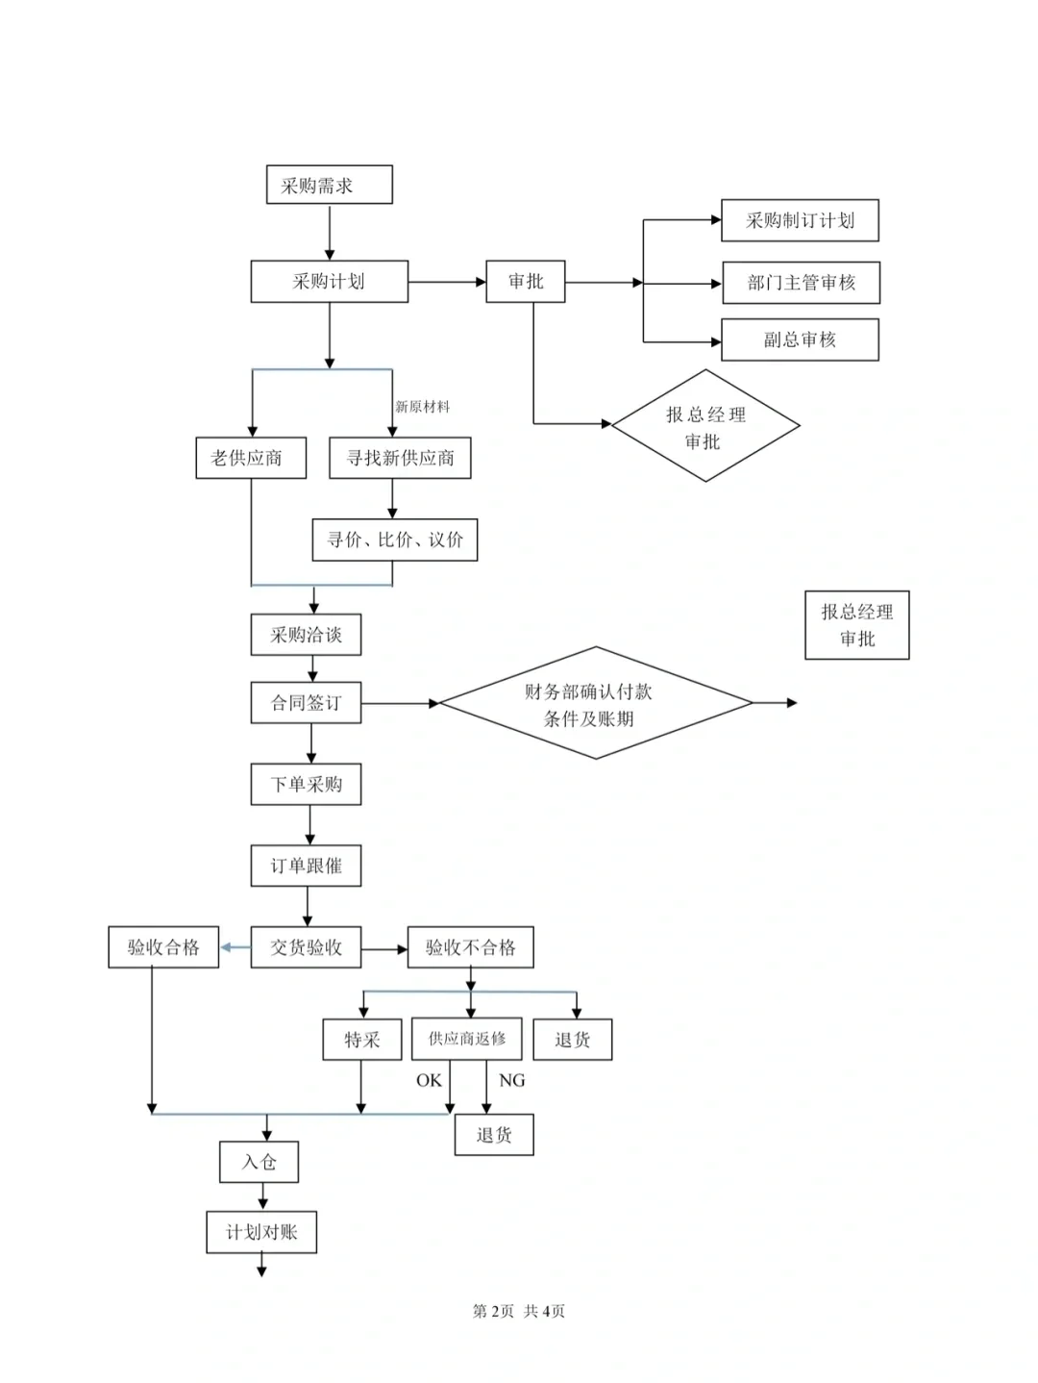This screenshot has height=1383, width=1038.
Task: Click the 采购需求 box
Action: click(x=330, y=185)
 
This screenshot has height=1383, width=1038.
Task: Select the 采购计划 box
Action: click(x=330, y=282)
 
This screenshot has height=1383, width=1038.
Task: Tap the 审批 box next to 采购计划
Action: click(x=526, y=282)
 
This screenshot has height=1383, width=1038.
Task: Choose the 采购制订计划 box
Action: click(x=800, y=220)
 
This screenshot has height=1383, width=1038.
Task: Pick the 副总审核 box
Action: click(x=800, y=339)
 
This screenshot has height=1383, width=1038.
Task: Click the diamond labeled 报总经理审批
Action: click(x=705, y=426)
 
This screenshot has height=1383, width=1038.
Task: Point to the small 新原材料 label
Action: click(x=422, y=407)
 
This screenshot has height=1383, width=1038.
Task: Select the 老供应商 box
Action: click(x=251, y=458)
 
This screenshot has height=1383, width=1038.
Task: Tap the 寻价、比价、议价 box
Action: click(x=395, y=540)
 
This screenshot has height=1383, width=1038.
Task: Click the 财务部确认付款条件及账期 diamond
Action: click(x=596, y=703)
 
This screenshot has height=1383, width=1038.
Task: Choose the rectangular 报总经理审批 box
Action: click(x=857, y=626)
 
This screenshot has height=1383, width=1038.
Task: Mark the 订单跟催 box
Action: click(x=306, y=866)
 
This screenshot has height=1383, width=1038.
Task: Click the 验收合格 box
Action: click(x=163, y=947)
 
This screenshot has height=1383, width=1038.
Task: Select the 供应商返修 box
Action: click(x=466, y=1039)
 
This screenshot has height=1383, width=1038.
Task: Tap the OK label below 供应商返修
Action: click(x=429, y=1081)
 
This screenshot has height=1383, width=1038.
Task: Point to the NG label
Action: click(x=511, y=1081)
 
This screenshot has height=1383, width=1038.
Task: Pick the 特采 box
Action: click(x=362, y=1040)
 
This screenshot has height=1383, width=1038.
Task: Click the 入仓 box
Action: click(x=259, y=1162)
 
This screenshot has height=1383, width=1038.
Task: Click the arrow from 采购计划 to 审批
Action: click(x=447, y=282)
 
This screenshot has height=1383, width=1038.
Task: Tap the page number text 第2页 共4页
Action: click(x=519, y=1311)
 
